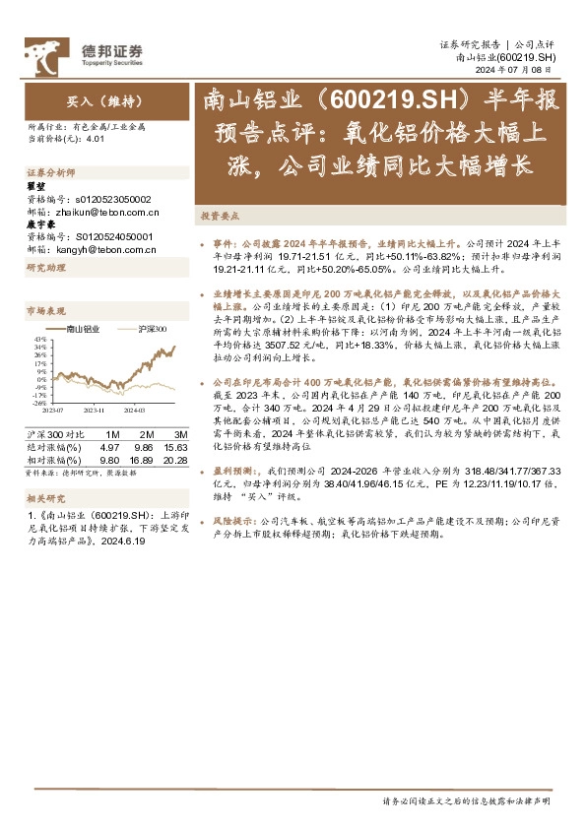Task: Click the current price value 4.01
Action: click(95, 139)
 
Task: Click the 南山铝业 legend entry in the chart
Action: click(83, 329)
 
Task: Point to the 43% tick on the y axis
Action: click(38, 340)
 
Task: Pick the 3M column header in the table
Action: click(179, 434)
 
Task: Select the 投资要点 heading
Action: click(219, 214)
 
